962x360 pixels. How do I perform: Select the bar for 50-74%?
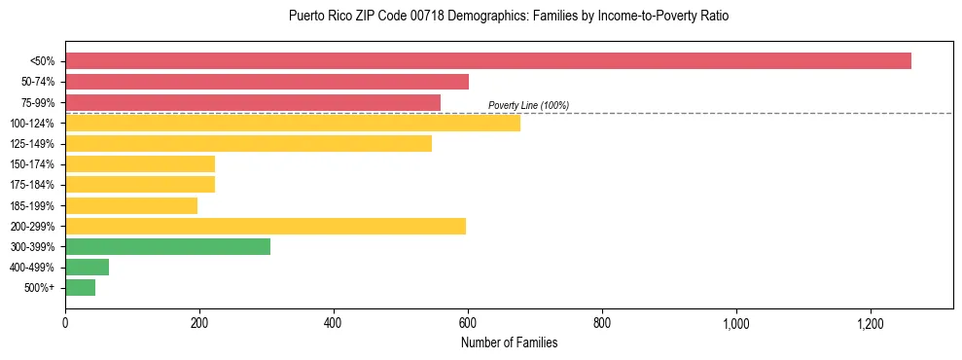pyautogui.click(x=267, y=82)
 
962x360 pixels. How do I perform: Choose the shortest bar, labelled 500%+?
pyautogui.click(x=80, y=288)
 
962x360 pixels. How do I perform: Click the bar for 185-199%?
pyautogui.click(x=131, y=206)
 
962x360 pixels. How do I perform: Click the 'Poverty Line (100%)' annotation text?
pyautogui.click(x=528, y=105)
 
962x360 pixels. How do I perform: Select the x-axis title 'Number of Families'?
pyautogui.click(x=509, y=343)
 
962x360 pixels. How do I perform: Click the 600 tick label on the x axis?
pyautogui.click(x=468, y=323)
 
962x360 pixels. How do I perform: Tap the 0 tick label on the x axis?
pyautogui.click(x=65, y=323)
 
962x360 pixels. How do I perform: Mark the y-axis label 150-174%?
pyautogui.click(x=32, y=164)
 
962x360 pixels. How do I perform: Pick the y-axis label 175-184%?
pyautogui.click(x=32, y=186)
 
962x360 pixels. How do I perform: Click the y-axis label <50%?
pyautogui.click(x=42, y=61)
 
